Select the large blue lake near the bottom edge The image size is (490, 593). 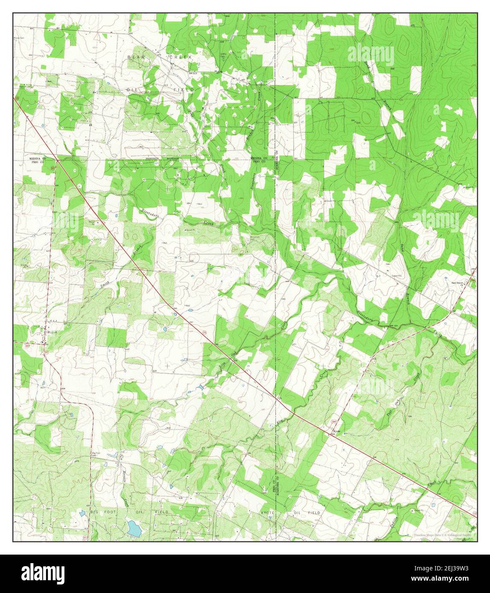click(x=134, y=528)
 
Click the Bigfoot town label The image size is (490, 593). click(x=52, y=331)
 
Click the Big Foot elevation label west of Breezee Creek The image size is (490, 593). click(x=96, y=453)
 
